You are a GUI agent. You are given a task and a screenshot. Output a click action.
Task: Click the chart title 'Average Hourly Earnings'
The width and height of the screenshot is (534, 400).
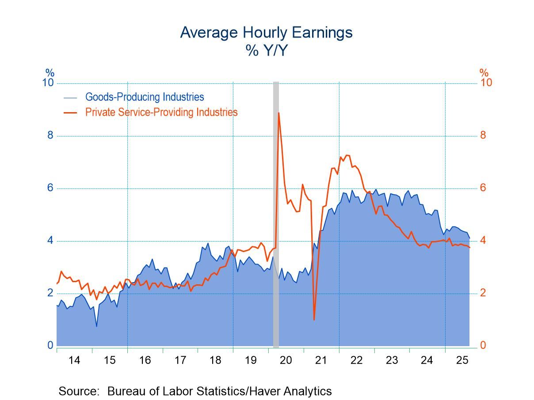pos(266,33)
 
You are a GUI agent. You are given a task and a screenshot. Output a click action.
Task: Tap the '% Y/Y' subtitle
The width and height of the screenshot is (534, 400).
pos(266,51)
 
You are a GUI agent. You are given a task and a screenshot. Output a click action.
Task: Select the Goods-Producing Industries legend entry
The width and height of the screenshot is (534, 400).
pos(145,97)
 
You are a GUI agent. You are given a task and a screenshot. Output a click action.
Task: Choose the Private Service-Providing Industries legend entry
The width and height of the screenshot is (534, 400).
pos(161,112)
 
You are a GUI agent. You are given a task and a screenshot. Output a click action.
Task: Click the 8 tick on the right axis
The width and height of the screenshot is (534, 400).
pos(483,135)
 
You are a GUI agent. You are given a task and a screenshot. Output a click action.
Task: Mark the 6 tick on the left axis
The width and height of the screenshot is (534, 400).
pos(50,188)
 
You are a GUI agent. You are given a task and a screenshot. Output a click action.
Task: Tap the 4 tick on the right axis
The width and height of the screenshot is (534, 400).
pos(483,241)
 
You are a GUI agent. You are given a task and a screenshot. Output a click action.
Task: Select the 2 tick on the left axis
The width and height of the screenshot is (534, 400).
pos(50,293)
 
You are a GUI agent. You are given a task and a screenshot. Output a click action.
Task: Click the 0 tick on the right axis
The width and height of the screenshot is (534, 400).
pos(483,345)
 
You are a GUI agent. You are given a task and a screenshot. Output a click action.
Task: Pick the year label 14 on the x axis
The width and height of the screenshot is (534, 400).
pos(74,360)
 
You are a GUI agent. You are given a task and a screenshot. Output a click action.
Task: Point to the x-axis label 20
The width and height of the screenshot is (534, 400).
pos(286,360)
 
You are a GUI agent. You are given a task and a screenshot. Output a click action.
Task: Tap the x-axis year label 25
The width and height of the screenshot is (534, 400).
pos(462,360)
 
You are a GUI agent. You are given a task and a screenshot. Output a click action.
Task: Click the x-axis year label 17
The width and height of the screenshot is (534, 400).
pos(180,360)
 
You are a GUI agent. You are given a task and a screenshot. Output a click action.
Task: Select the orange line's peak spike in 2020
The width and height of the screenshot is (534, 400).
pos(278,113)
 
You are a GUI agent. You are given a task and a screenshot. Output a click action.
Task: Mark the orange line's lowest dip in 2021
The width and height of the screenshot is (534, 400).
pos(314,319)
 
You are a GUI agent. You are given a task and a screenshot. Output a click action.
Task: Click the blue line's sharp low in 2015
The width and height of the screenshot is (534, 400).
pos(96,326)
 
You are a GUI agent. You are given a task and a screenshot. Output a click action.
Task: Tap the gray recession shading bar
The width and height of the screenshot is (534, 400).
pos(276,212)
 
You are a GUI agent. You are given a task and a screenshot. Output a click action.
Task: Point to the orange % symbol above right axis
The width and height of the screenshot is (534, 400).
pos(484,73)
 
